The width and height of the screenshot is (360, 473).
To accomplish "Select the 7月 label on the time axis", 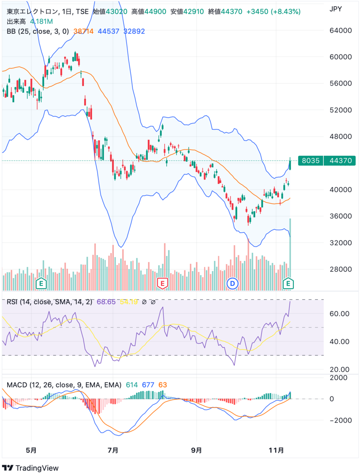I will tap(113, 450).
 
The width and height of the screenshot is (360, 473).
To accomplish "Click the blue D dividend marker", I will tap(233, 283).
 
